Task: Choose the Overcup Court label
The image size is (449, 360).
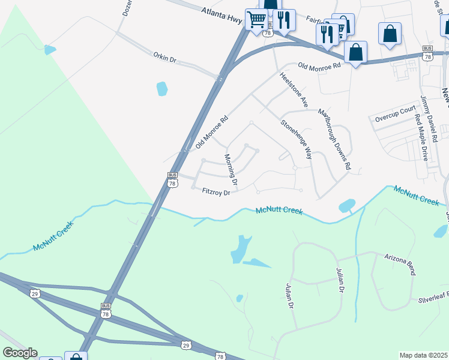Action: (x=395, y=110)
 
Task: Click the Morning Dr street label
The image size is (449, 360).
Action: (x=231, y=169)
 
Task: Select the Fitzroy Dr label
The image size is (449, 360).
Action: (x=217, y=192)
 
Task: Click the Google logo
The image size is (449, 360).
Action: (x=20, y=353)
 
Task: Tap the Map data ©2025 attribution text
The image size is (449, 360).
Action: (x=423, y=355)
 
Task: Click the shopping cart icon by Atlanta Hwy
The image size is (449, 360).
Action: (x=256, y=19)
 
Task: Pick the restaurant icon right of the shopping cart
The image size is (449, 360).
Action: (x=284, y=19)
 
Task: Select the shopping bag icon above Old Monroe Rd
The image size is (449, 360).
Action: (x=355, y=52)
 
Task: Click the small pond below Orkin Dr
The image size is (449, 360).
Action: (x=162, y=89)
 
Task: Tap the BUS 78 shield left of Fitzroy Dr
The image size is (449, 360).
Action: (x=173, y=179)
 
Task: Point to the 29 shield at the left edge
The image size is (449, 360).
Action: (x=34, y=293)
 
